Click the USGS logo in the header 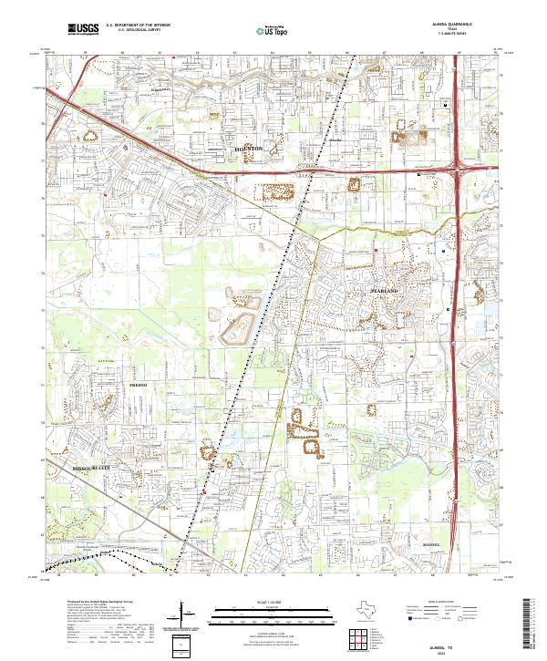pyautogui.click(x=83, y=29)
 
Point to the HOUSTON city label pyautogui.click(x=248, y=148)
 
